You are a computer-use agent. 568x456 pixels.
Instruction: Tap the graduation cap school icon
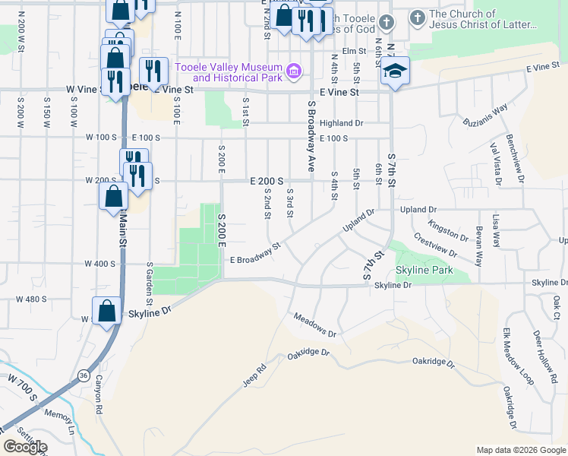pos(394,72)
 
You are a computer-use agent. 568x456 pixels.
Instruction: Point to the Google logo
pos(25,447)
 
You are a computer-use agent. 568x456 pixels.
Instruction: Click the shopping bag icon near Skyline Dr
pos(106,310)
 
